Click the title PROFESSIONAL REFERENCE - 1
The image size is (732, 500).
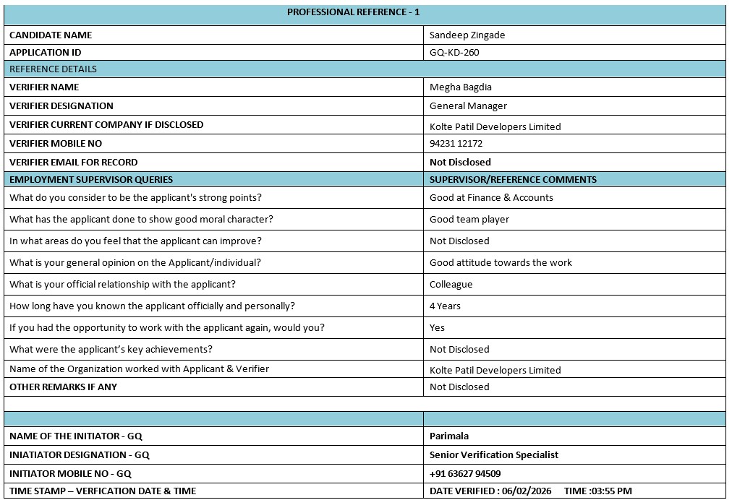pos(353,12)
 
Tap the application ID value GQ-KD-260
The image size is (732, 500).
pos(454,52)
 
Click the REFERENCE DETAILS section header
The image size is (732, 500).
pos(53,69)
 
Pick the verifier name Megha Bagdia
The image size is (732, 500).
pos(461,87)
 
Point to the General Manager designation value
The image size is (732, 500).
pos(468,105)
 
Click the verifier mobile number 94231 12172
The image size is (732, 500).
pos(456,144)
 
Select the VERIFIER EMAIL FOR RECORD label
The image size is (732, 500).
pos(73,162)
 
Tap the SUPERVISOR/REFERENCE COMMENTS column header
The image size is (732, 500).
pos(513,179)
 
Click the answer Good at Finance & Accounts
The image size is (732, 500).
pos(491,197)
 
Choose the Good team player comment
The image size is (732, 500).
pos(469,219)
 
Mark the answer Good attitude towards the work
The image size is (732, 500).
pos(501,262)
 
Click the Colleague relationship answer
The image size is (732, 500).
pos(451,284)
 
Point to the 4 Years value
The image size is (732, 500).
pos(445,306)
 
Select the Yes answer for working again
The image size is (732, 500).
pos(437,327)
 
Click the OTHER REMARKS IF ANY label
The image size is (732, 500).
pos(63,387)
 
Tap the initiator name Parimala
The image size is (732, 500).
pos(448,436)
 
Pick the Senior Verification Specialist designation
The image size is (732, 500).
pos(494,454)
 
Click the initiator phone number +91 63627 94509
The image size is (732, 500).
pos(465,473)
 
